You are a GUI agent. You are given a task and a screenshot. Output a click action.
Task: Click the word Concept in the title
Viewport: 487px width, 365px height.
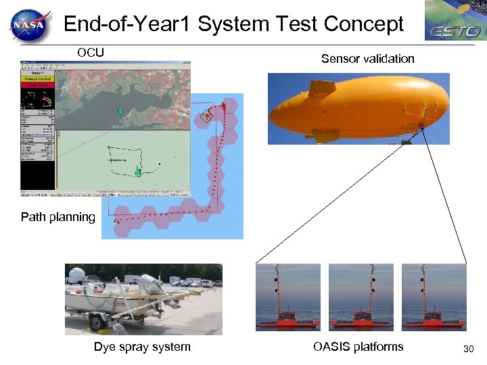click(364, 24)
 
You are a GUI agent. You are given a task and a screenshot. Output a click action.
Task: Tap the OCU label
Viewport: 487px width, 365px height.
click(90, 52)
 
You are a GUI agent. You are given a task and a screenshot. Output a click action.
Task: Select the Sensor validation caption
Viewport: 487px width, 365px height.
click(367, 59)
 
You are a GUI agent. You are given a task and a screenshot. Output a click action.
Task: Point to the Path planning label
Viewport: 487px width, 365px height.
click(58, 217)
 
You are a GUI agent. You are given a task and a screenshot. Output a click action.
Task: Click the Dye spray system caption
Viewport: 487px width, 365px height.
click(142, 347)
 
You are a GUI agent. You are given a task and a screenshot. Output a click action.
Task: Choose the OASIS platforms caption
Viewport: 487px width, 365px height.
click(358, 347)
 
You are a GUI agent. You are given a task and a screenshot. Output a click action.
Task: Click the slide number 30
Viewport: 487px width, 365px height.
click(468, 349)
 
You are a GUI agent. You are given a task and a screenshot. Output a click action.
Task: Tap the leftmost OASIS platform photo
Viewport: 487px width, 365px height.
click(287, 297)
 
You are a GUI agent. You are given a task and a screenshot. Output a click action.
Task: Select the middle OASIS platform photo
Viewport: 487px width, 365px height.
click(361, 297)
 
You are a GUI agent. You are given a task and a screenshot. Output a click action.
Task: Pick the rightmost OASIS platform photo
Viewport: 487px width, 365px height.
click(434, 297)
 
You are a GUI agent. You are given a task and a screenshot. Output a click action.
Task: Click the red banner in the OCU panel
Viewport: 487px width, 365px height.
click(38, 86)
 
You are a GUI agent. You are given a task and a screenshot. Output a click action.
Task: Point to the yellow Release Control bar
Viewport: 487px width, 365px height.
click(38, 78)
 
